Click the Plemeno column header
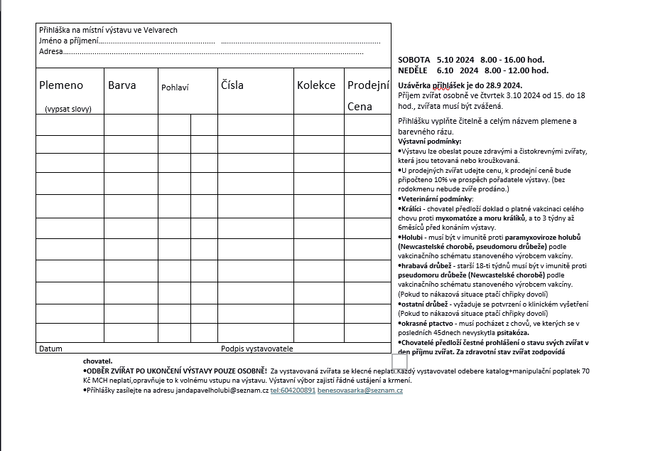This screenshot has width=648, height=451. (x=61, y=85)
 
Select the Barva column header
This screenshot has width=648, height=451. (x=122, y=85)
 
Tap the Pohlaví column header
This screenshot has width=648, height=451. (x=175, y=87)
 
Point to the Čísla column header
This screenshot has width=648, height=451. (x=232, y=85)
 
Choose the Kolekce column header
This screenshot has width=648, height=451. (x=316, y=85)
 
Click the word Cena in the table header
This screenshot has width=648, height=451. (x=360, y=107)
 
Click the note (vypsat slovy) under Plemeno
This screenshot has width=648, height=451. (x=68, y=109)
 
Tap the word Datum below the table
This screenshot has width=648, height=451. (x=50, y=349)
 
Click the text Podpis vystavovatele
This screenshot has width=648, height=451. (x=256, y=349)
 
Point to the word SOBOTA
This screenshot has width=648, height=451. (x=414, y=60)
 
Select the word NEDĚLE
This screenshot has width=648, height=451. (x=413, y=70)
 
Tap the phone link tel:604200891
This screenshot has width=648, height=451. (x=293, y=391)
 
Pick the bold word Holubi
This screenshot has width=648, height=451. (x=411, y=237)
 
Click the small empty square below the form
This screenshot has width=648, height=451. (x=399, y=361)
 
